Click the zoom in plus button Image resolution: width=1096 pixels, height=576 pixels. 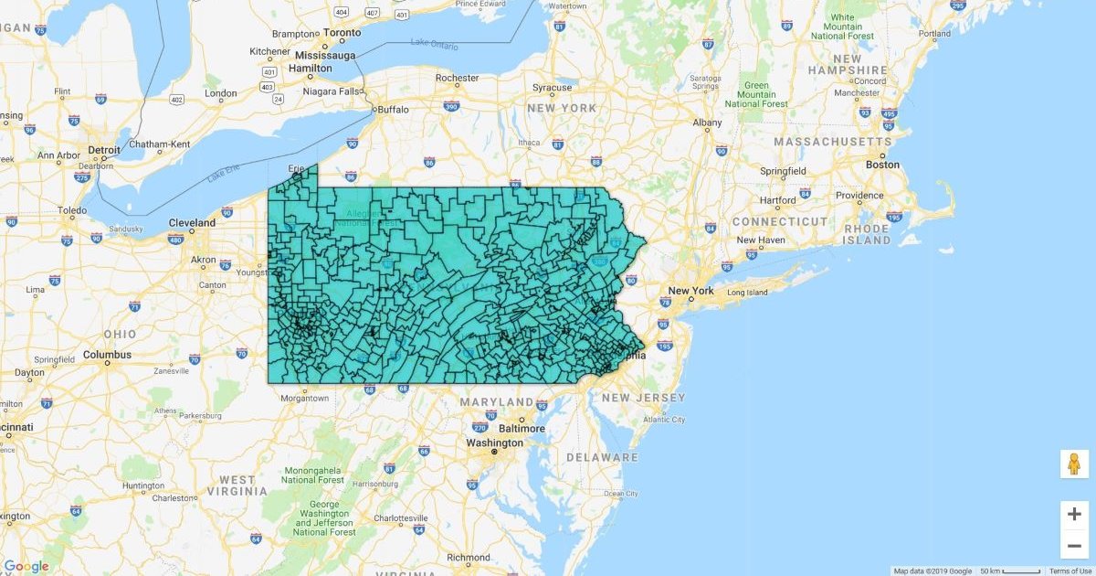coord(1074,514)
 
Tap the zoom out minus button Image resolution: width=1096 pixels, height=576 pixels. coord(1074,547)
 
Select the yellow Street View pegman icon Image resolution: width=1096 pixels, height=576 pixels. coord(1074,464)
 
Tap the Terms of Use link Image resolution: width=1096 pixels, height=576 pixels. coord(1070,571)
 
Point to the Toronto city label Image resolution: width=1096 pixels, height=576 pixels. coord(342,32)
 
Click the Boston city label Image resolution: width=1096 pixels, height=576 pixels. coord(882,165)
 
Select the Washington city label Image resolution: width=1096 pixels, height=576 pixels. coord(493,443)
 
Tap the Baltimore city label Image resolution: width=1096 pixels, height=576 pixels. coord(522,428)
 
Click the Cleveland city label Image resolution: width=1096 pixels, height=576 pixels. coord(192,222)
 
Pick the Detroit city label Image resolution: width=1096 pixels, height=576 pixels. coord(104,149)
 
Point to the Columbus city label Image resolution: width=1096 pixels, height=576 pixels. coord(108,355)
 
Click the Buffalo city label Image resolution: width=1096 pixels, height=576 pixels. coord(393,109)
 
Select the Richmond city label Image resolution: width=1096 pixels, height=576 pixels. coord(469,557)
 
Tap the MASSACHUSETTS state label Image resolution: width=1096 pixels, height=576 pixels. coord(832,142)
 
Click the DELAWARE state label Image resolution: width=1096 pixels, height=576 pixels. coord(602,457)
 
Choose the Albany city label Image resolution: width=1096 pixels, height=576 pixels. coord(707,123)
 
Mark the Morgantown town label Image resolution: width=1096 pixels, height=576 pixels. coord(304,398)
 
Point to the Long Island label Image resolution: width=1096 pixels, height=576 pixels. coord(747,293)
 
